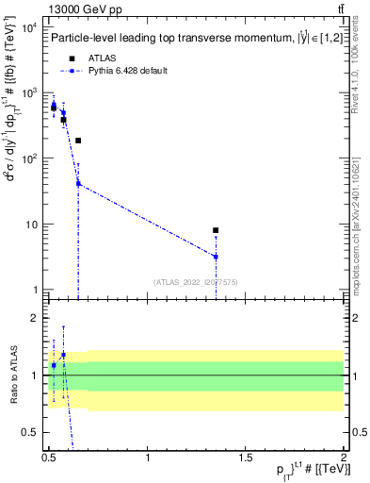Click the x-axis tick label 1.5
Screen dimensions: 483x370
(246, 458)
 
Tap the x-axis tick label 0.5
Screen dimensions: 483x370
(49, 458)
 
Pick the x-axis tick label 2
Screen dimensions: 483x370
(344, 458)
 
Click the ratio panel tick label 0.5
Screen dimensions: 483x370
(29, 432)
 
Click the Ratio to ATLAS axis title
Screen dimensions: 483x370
(13, 375)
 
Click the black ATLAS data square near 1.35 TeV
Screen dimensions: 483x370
(216, 230)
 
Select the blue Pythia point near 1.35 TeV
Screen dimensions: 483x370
(216, 257)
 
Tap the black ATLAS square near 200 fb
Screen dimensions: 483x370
(78, 141)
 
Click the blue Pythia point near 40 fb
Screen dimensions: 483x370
(78, 184)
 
